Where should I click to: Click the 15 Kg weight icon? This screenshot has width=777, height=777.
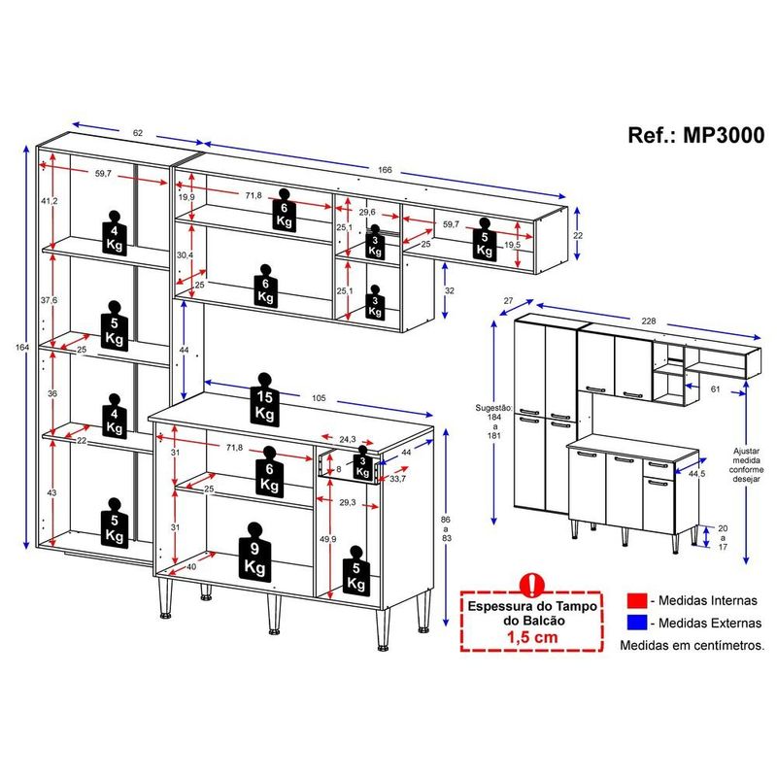265,399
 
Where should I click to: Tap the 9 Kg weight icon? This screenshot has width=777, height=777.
254,551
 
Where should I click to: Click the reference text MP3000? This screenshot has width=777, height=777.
724,135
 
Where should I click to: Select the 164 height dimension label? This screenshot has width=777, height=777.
22,348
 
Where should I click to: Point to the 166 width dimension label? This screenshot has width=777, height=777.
385,169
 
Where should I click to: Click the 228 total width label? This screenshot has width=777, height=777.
649,321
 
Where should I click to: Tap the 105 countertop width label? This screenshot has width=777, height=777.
319,398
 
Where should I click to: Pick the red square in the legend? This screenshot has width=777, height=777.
637,600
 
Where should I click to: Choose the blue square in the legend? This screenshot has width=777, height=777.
637,623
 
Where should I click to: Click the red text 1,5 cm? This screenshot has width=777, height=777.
532,637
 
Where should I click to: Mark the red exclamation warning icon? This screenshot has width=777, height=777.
532,585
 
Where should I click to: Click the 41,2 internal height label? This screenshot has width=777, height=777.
50,201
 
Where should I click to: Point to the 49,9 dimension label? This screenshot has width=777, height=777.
327,539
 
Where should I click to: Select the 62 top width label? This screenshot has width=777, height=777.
138,133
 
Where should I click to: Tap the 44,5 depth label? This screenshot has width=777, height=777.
696,474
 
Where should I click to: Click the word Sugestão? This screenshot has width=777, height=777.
493,408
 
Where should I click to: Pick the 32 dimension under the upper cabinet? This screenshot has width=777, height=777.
450,290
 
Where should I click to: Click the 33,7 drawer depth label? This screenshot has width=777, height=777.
398,479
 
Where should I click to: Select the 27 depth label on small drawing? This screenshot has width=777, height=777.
508,301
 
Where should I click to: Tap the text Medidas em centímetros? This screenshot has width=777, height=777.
693,645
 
